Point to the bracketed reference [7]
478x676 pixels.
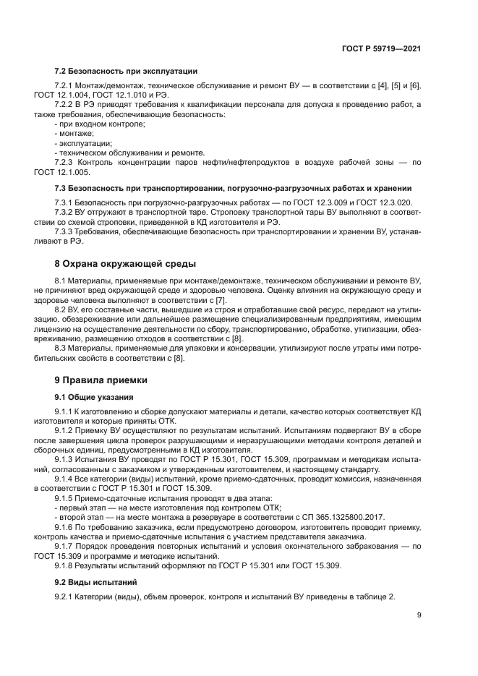click(x=201, y=299)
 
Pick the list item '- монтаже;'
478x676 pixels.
click(x=69, y=134)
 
